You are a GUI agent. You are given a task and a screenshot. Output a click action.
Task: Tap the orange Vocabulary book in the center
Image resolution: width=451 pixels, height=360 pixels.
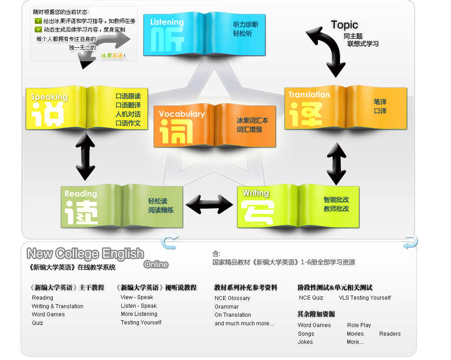click(214, 126)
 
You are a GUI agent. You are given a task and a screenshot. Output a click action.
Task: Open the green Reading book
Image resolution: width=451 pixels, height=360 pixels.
click(122, 205)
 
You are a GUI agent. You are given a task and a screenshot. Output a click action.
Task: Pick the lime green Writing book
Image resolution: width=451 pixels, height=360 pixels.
click(298, 206)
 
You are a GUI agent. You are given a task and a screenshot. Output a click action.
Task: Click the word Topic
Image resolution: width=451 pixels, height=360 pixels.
click(344, 25)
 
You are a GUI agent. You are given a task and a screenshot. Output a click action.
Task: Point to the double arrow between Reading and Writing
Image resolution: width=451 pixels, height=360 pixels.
click(210, 204)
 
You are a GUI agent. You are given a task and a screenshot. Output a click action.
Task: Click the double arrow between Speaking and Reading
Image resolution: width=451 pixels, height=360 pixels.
click(85, 157)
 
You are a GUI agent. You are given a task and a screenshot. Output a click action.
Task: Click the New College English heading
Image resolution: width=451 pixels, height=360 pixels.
click(85, 254)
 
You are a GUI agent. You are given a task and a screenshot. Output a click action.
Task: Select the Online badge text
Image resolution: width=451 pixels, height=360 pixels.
click(156, 264)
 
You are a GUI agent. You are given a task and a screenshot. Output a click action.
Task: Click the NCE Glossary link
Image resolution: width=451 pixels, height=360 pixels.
click(232, 298)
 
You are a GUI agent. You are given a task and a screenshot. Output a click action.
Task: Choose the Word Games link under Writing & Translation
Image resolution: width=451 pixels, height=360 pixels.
click(48, 314)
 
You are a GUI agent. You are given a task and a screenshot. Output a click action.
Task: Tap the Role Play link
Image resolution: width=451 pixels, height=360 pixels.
click(359, 325)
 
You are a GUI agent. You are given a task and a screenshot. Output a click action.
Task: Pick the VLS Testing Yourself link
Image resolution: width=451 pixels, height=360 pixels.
click(365, 298)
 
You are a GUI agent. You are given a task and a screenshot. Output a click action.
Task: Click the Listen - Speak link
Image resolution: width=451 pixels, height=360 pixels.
click(138, 306)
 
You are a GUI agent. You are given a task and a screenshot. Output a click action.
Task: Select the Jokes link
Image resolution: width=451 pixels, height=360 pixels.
click(305, 342)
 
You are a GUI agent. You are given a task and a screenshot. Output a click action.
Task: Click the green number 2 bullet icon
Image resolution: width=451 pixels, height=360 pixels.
click(38, 30)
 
